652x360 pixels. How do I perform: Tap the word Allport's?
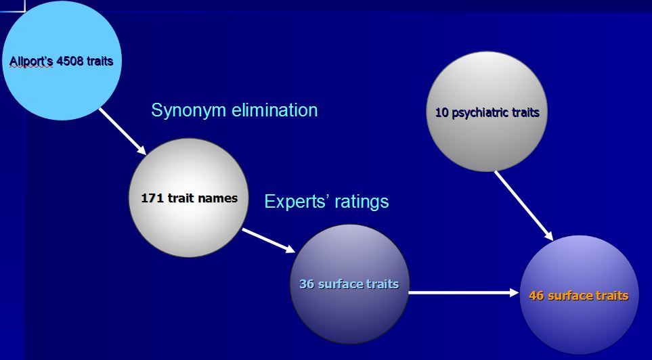click(x=32, y=62)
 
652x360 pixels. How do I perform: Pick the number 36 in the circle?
click(x=307, y=284)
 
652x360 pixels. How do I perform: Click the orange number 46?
click(x=538, y=296)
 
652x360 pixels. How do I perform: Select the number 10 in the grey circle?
click(x=442, y=112)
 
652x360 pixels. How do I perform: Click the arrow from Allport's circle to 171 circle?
click(x=123, y=130)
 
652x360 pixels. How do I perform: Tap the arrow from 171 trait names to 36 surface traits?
click(x=269, y=241)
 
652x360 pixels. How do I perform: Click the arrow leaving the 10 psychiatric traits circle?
click(x=523, y=205)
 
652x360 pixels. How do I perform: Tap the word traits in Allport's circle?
click(x=100, y=62)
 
